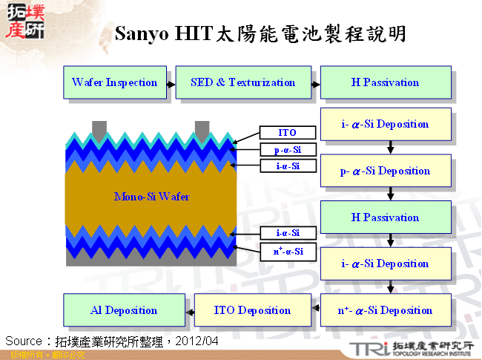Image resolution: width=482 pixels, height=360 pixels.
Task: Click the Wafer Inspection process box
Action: (115, 82)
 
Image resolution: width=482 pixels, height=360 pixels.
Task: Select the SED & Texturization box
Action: (242, 82)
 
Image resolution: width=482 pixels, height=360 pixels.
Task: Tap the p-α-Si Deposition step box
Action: (385, 171)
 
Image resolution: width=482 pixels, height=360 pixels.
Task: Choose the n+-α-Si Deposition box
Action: (385, 310)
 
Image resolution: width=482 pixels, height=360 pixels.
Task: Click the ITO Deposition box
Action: (252, 310)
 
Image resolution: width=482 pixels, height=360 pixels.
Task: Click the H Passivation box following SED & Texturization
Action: (385, 82)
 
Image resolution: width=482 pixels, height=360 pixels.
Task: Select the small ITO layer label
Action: (287, 133)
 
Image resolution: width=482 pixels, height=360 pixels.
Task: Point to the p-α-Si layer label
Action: (287, 150)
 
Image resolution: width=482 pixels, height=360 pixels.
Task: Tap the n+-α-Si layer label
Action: (287, 252)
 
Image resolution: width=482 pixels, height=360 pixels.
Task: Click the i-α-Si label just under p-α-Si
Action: (287, 166)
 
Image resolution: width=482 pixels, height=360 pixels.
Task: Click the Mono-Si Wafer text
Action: (151, 197)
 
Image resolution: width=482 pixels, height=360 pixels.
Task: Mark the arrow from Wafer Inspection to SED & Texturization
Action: (171, 83)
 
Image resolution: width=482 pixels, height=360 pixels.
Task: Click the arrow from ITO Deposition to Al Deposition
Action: (188, 310)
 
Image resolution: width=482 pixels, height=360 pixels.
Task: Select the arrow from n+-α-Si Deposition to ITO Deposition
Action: (315, 310)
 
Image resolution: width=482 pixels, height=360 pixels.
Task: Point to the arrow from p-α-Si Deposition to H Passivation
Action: (390, 195)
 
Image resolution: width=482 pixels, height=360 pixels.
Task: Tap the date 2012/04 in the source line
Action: (198, 341)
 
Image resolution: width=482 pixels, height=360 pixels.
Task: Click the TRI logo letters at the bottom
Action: (368, 348)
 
